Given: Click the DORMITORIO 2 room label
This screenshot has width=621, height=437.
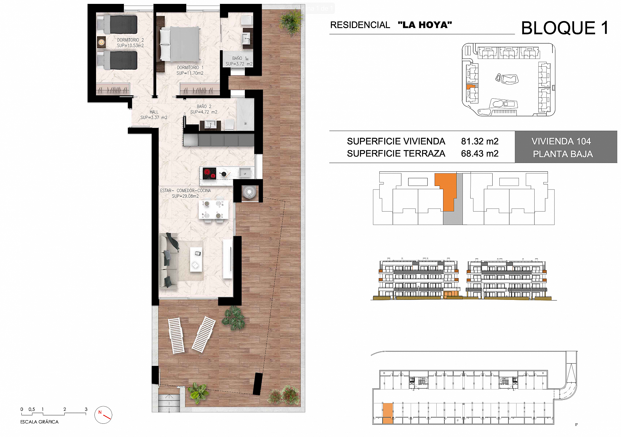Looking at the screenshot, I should pyautogui.click(x=130, y=43).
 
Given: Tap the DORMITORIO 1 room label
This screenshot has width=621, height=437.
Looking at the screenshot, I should pyautogui.click(x=190, y=70).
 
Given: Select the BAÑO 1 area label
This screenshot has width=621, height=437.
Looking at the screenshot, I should pyautogui.click(x=239, y=61).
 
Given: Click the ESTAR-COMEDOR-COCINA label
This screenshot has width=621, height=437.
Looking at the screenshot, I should pyautogui.click(x=185, y=193).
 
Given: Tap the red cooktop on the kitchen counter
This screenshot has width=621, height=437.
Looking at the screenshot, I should pyautogui.click(x=209, y=173).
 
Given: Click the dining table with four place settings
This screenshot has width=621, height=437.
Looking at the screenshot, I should pyautogui.click(x=213, y=210).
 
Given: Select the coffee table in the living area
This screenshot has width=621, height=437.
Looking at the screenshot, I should pyautogui.click(x=196, y=259).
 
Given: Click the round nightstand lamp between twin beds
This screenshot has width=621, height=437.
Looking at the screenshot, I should pyautogui.click(x=101, y=42).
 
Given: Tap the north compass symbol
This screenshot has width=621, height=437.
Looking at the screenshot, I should pyautogui.click(x=103, y=415).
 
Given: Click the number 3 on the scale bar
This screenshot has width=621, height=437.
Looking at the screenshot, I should pyautogui.click(x=86, y=409).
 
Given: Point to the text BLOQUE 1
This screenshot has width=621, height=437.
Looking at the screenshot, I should pyautogui.click(x=565, y=28).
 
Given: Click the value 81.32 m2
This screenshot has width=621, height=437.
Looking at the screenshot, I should pyautogui.click(x=480, y=141).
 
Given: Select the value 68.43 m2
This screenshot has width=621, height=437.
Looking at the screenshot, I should pyautogui.click(x=480, y=154).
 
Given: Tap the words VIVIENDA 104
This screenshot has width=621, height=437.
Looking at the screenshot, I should pyautogui.click(x=561, y=141).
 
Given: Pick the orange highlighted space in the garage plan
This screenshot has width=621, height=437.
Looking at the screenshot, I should pyautogui.click(x=387, y=413).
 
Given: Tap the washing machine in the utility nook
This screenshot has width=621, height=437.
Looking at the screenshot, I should pyautogui.click(x=249, y=192).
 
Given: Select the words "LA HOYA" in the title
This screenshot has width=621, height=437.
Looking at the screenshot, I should pyautogui.click(x=425, y=25).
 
